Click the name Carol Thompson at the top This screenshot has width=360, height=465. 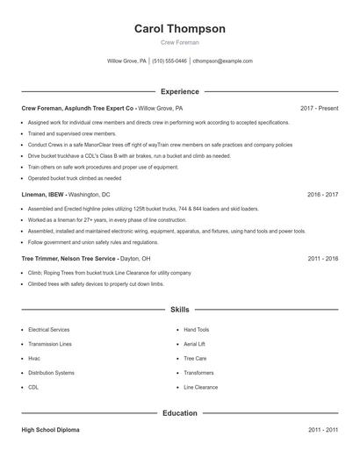click(x=179, y=29)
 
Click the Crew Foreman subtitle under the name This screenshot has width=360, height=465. click(x=179, y=42)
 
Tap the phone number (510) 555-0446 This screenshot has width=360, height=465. click(x=169, y=61)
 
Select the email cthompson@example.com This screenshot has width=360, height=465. click(x=222, y=61)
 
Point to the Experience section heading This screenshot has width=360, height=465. click(x=179, y=91)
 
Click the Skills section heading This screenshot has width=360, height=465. click(x=179, y=310)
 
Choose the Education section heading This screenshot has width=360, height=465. click(x=179, y=412)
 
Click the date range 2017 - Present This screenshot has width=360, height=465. click(x=319, y=108)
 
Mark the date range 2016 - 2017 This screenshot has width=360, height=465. click(x=322, y=193)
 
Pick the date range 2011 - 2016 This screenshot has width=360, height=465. click(x=322, y=259)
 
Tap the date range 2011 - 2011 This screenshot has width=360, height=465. click(x=322, y=431)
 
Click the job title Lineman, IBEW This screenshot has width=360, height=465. click(x=42, y=193)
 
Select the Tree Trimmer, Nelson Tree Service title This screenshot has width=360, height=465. click(x=68, y=259)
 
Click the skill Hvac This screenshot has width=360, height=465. click(x=34, y=358)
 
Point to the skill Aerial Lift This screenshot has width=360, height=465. click(x=196, y=344)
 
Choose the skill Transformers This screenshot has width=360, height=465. click(x=199, y=372)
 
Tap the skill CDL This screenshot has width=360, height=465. click(x=33, y=386)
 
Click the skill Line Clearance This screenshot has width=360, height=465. click(x=201, y=386)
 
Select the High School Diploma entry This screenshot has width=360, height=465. click(x=52, y=431)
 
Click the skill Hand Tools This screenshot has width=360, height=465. click(x=197, y=330)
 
